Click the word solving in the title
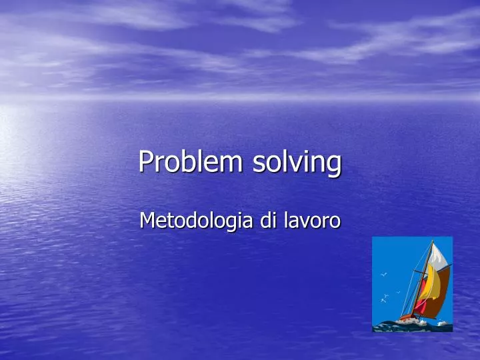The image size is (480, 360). [297, 162]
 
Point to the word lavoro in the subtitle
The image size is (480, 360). [311, 221]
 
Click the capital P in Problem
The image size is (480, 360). [145, 162]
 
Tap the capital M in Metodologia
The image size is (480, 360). [147, 221]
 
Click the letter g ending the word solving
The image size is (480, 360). [334, 165]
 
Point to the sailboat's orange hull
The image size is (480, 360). [408, 316]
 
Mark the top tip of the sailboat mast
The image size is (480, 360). [432, 240]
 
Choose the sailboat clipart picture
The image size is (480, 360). [412, 284]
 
